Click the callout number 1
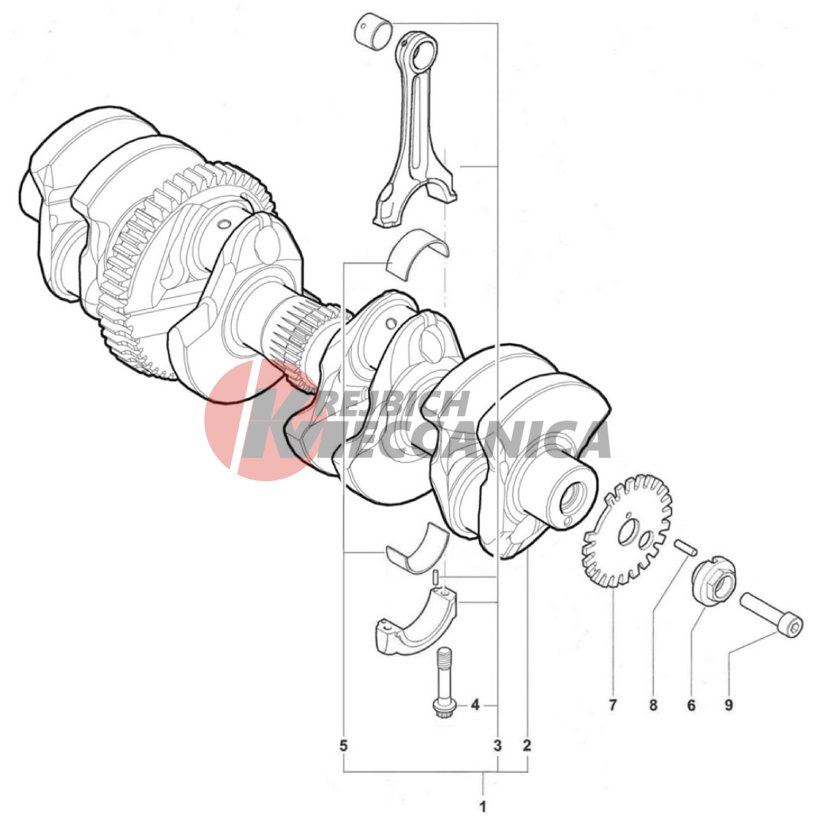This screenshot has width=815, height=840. (482, 806)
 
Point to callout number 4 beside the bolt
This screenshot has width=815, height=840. (474, 705)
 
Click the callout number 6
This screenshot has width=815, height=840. (691, 705)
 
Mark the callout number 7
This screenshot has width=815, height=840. (613, 705)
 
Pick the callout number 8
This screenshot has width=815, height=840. (653, 705)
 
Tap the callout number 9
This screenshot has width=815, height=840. (729, 705)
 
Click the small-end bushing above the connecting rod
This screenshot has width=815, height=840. (374, 33)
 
